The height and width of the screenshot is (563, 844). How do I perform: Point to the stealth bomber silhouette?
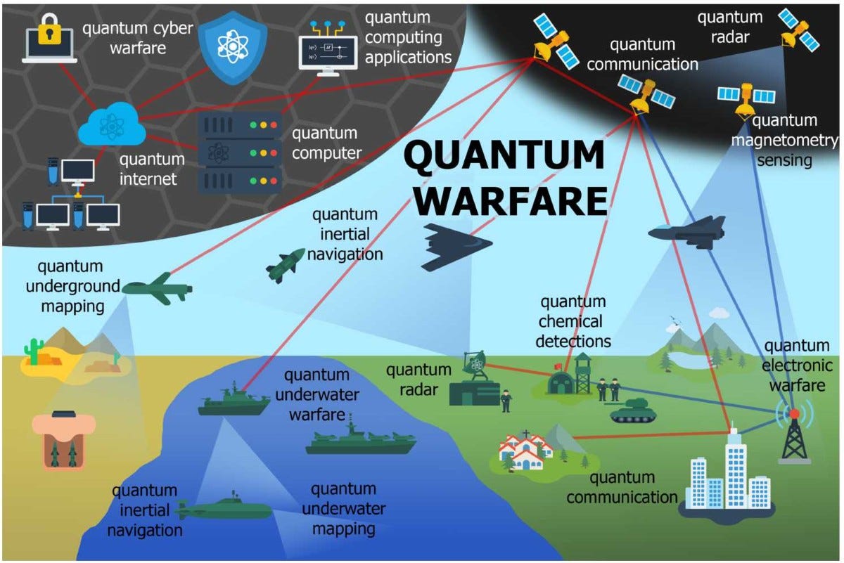point(454,246)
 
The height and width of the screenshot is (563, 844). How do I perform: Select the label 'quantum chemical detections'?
point(573,322)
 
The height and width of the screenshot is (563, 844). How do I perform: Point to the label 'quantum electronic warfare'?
point(797,365)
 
